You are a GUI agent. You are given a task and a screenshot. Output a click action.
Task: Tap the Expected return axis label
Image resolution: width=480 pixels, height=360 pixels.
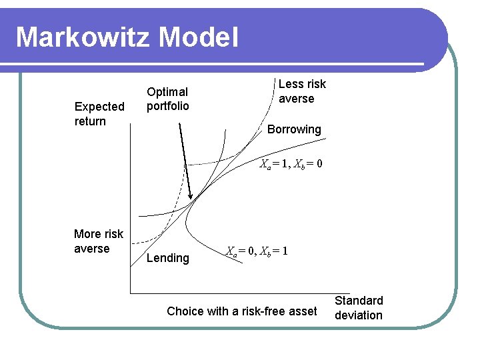pyautogui.click(x=99, y=114)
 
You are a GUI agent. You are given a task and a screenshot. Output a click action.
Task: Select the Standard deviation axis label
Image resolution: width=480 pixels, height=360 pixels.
pyautogui.click(x=359, y=308)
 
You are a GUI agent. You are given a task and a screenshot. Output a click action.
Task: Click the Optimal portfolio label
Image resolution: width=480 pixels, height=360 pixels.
pyautogui.click(x=167, y=99)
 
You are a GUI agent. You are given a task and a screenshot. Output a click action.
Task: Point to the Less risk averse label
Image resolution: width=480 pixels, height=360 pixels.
pyautogui.click(x=301, y=91)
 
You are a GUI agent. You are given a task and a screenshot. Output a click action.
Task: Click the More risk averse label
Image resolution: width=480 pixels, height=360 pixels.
pyautogui.click(x=98, y=241)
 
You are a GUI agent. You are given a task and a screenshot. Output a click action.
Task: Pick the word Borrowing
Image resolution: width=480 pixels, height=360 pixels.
pyautogui.click(x=293, y=129)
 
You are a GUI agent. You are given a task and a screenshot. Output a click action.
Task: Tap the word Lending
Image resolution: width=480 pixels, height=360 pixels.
pyautogui.click(x=167, y=258)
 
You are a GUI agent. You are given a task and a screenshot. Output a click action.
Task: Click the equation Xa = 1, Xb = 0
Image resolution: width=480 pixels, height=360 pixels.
pyautogui.click(x=291, y=163)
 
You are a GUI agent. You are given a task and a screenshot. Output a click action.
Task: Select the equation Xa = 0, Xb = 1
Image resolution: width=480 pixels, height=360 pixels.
pyautogui.click(x=256, y=251)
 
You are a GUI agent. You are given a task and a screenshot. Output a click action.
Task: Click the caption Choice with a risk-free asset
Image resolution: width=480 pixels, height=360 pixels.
pyautogui.click(x=241, y=311)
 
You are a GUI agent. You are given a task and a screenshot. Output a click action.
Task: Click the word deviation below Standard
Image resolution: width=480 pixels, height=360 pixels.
pyautogui.click(x=359, y=315)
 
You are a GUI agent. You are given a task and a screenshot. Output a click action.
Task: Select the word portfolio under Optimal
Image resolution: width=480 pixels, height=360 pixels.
pyautogui.click(x=167, y=106)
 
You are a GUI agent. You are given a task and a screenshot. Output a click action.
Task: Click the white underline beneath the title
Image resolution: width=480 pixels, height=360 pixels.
pyautogui.click(x=220, y=65)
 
